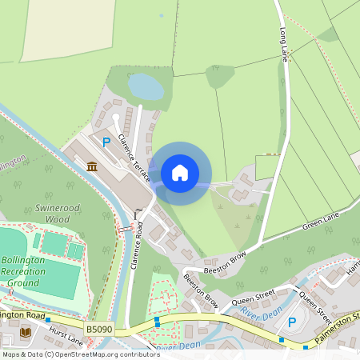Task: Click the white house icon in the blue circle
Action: (180, 173)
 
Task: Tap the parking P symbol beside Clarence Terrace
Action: (106, 142)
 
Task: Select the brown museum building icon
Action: (92, 166)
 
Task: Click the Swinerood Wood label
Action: (58, 213)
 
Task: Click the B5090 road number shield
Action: (98, 328)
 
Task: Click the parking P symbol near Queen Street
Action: (292, 322)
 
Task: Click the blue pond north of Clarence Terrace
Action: (145, 86)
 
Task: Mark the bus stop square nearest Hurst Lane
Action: (48, 319)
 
